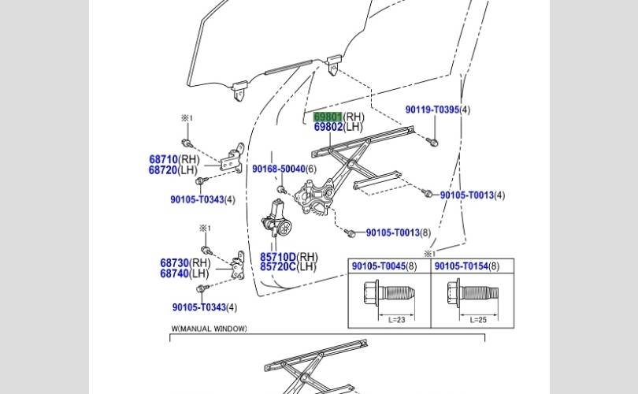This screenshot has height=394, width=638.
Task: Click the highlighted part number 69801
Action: tap(328, 117)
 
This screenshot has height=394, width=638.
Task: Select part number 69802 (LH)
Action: tap(328, 127)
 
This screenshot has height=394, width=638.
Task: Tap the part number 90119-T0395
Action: tap(432, 110)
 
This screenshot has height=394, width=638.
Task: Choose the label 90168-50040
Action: tap(278, 169)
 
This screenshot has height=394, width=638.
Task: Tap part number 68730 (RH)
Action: tap(174, 263)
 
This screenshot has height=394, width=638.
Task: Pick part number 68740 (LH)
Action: tap(174, 273)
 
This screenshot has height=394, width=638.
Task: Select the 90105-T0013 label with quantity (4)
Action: tap(467, 195)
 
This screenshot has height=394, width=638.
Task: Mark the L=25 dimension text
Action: tap(478, 320)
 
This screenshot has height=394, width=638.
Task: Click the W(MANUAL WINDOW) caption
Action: tap(209, 329)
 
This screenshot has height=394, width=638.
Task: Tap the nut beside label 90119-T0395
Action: tap(436, 142)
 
